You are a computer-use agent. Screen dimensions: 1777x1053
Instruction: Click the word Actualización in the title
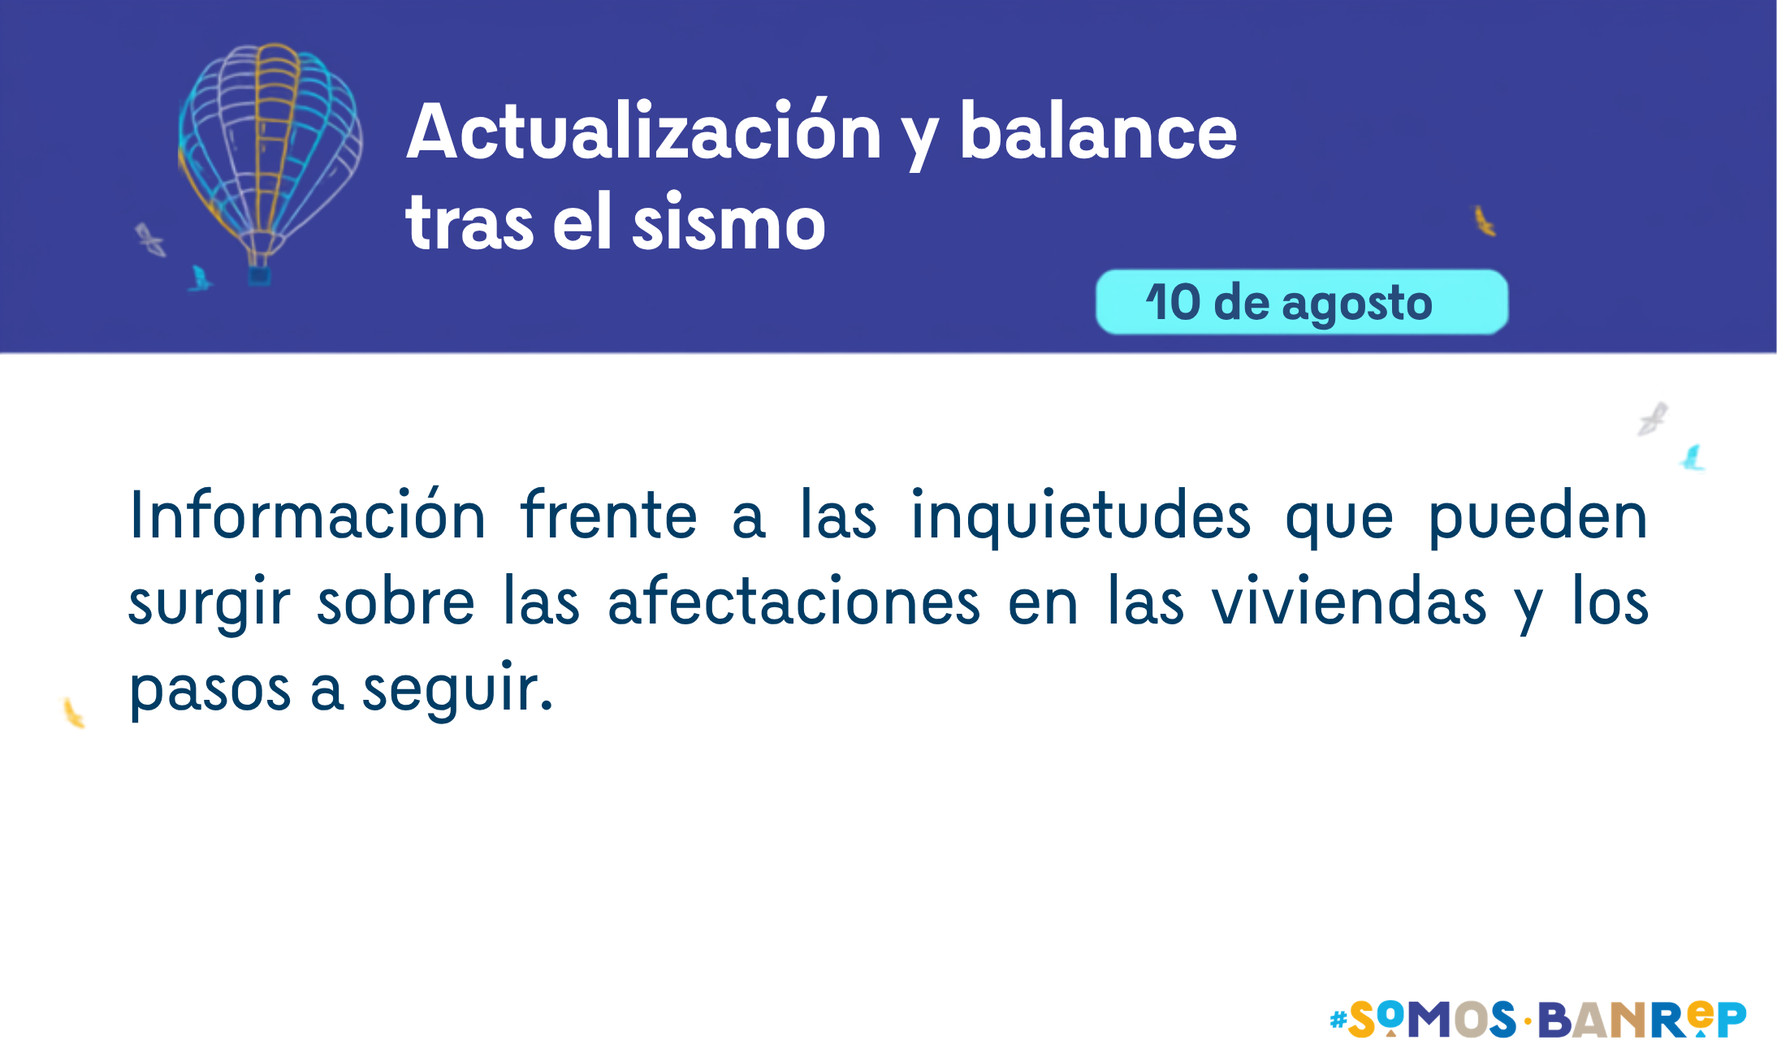tap(644, 131)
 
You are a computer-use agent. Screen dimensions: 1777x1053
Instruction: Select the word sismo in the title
tap(729, 221)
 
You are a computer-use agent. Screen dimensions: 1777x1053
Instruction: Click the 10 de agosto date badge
tap(1302, 302)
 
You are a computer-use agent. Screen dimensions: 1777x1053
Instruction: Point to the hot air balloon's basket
tap(259, 275)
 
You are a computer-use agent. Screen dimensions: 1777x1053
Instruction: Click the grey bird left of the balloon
tap(150, 240)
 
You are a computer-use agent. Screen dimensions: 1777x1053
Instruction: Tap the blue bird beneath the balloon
tap(199, 278)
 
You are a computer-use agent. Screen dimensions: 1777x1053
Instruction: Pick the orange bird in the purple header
tap(1485, 221)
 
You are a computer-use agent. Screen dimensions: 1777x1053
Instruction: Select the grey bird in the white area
tap(1653, 419)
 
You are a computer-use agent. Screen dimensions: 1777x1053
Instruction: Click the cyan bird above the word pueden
tap(1693, 458)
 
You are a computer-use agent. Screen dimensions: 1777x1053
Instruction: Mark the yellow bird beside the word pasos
tap(74, 713)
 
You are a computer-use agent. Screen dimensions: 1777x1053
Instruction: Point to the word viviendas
tap(1349, 601)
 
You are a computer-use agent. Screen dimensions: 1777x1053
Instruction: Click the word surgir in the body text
tap(210, 605)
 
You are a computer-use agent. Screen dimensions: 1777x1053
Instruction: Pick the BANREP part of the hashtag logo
tap(1641, 1019)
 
